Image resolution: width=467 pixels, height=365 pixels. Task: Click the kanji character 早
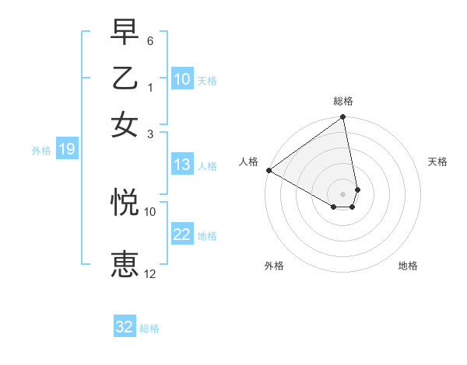[126, 33]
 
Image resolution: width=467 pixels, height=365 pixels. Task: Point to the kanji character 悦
[126, 201]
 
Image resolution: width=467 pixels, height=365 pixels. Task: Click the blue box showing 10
[181, 79]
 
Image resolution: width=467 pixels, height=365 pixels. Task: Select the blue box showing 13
[181, 165]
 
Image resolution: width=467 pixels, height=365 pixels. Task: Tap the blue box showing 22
[181, 235]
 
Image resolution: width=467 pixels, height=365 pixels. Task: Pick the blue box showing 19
[66, 149]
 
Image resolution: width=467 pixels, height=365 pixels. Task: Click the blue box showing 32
[125, 327]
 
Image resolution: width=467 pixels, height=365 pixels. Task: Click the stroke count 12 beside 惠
[150, 273]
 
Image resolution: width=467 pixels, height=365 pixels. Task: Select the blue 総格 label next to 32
[149, 328]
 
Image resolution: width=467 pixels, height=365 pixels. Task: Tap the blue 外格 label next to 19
[41, 151]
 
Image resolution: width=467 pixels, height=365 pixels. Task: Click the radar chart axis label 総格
[343, 101]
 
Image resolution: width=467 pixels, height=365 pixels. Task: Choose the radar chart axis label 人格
[248, 162]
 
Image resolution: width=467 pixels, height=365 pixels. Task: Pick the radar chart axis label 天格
[437, 162]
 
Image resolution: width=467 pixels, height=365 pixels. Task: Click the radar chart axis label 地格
[408, 266]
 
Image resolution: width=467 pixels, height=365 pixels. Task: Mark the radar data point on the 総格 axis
[343, 118]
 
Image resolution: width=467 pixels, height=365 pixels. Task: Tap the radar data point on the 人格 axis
[269, 169]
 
